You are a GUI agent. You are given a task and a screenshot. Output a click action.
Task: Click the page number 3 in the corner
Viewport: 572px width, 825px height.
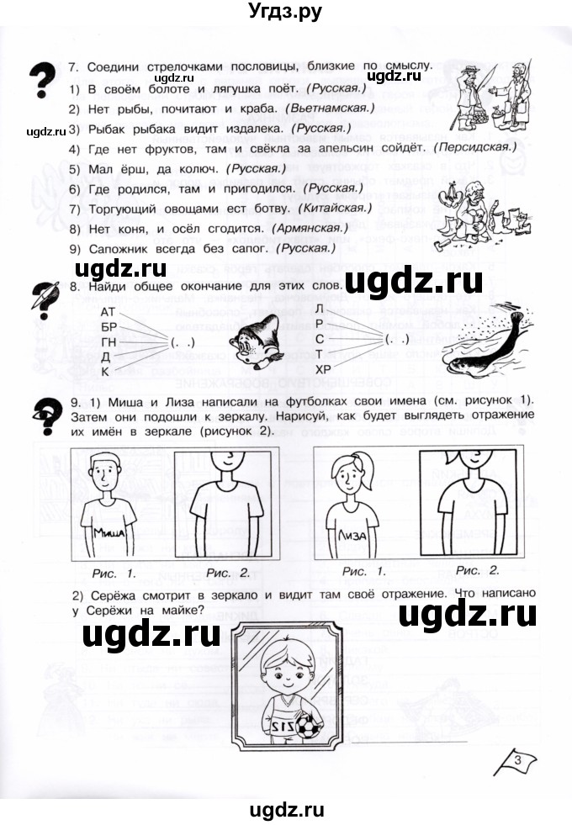click(x=519, y=761)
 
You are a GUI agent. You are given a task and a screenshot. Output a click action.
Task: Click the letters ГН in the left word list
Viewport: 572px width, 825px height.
click(x=107, y=342)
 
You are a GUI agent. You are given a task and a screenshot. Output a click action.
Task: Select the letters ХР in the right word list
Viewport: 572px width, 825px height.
click(x=322, y=369)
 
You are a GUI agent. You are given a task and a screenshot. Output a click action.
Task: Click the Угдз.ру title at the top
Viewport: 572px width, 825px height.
click(x=286, y=13)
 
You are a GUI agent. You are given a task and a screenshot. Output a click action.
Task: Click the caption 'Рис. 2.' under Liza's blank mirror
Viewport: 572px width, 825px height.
click(x=478, y=570)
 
